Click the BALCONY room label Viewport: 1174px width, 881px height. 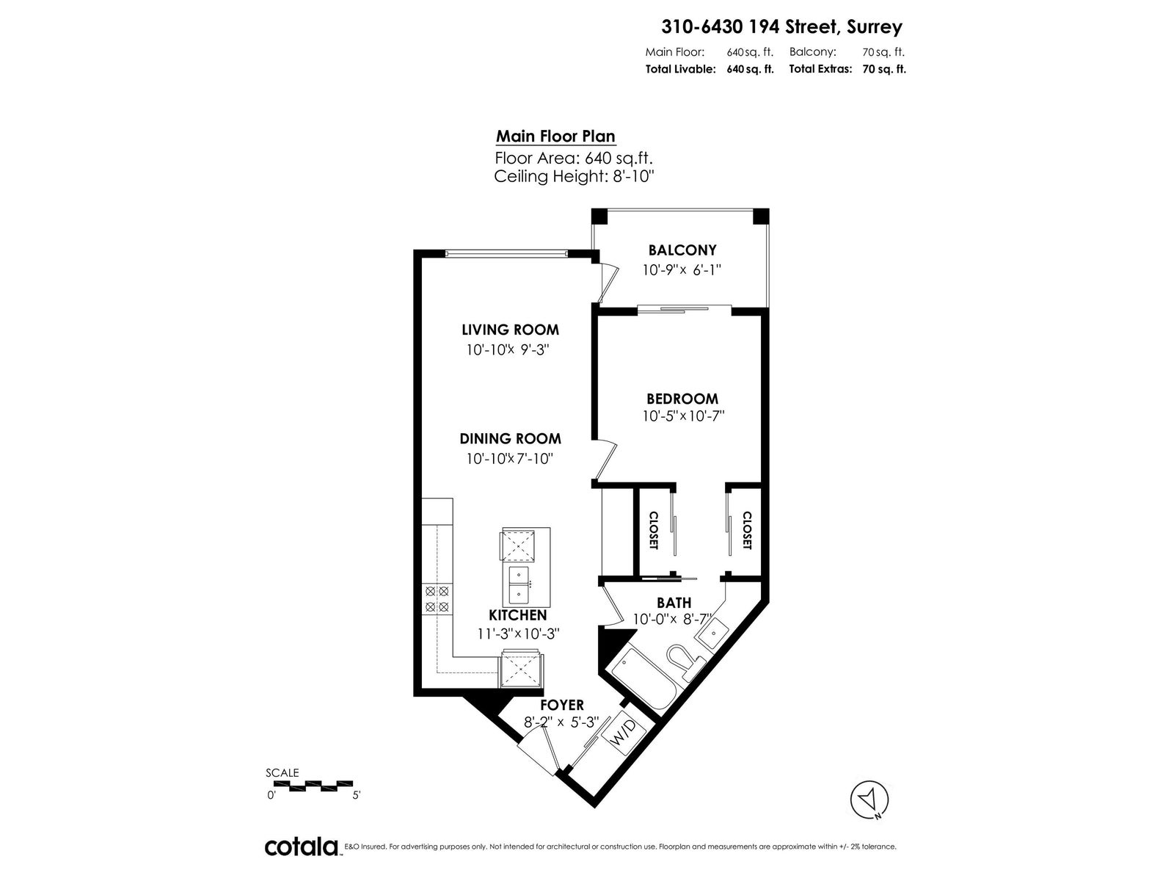(x=682, y=250)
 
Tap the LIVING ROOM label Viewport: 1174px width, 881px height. (x=510, y=330)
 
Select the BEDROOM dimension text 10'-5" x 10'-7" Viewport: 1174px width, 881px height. (x=683, y=416)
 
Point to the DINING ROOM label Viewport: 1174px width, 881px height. (x=510, y=438)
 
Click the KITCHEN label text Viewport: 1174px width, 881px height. (x=518, y=615)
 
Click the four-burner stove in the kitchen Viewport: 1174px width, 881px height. (x=437, y=599)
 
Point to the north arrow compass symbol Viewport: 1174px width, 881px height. (x=869, y=800)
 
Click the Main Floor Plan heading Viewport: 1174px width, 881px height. (x=555, y=137)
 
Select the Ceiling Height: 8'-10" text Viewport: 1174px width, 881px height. (x=574, y=176)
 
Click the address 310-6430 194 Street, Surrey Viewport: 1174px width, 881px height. (x=782, y=26)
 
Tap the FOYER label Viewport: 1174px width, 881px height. (x=561, y=705)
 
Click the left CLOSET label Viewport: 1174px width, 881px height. (x=654, y=530)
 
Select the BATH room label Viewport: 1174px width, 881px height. (x=674, y=603)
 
